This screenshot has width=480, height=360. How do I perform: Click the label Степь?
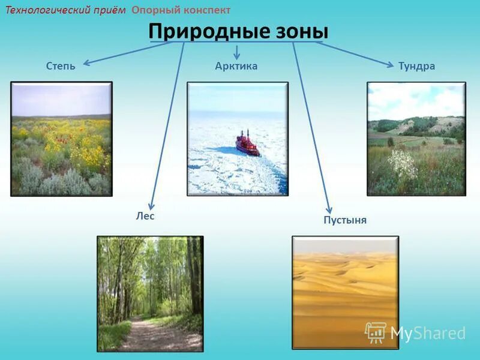point(61,66)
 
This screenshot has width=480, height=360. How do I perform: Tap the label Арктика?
point(236,66)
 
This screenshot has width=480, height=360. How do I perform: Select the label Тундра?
point(416,66)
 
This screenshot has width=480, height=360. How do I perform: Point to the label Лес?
point(145,216)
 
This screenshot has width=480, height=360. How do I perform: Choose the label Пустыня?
point(345,220)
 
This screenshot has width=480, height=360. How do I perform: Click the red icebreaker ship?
point(247,144)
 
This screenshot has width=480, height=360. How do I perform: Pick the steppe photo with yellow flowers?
point(61,139)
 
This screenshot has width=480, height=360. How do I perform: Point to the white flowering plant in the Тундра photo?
point(403,163)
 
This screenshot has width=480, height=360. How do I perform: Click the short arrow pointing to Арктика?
point(237,53)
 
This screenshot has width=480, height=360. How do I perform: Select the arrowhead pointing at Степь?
point(86,62)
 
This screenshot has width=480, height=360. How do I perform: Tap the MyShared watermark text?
point(428,333)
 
